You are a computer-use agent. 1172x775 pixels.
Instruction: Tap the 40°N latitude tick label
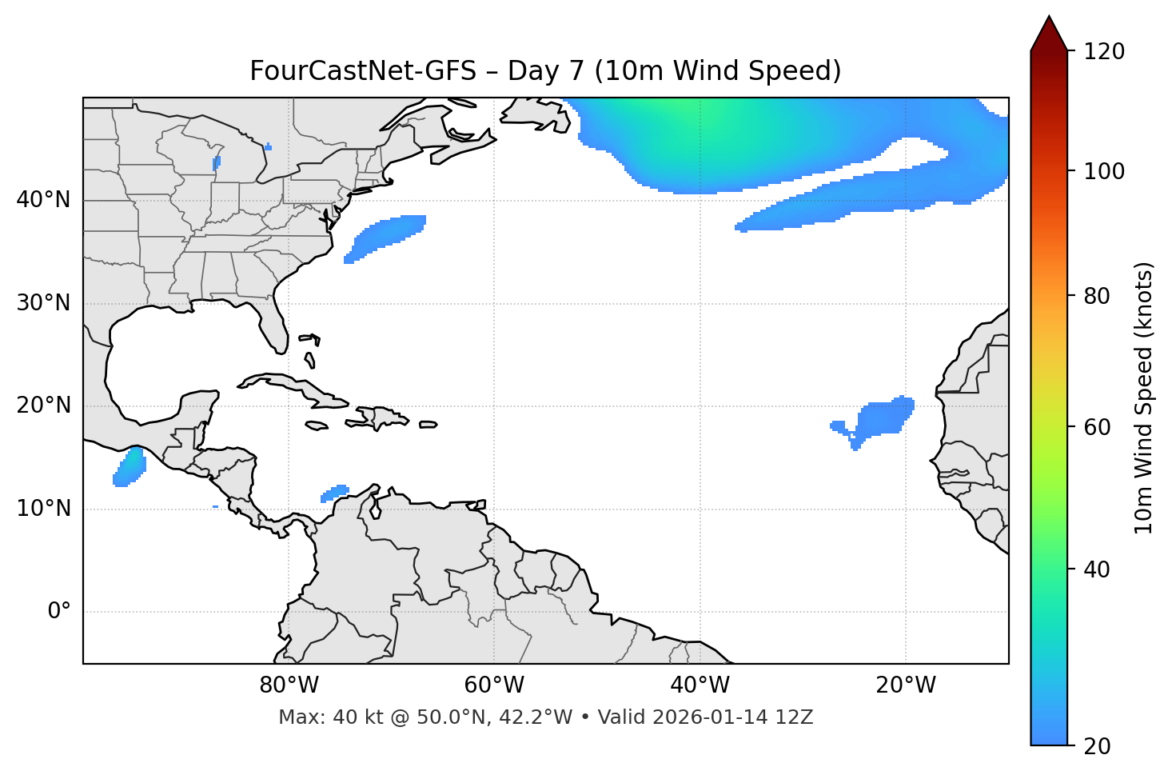pyautogui.click(x=43, y=200)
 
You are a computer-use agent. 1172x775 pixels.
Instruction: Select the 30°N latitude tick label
pyautogui.click(x=43, y=303)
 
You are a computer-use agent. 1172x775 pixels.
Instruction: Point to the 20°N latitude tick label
pyautogui.click(x=43, y=405)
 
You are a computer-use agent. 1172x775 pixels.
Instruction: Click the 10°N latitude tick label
pyautogui.click(x=43, y=509)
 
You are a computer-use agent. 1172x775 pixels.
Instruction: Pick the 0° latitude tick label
pyautogui.click(x=59, y=612)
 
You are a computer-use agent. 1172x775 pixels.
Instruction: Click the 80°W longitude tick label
pyautogui.click(x=289, y=685)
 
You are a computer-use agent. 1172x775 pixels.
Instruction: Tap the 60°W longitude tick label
pyautogui.click(x=494, y=685)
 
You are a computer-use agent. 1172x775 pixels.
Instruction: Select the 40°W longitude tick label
pyautogui.click(x=700, y=685)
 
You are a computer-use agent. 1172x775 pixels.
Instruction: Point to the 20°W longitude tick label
pyautogui.click(x=905, y=685)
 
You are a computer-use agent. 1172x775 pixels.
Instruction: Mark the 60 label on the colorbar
pyautogui.click(x=1097, y=427)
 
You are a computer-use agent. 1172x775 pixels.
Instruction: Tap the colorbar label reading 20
pyautogui.click(x=1097, y=746)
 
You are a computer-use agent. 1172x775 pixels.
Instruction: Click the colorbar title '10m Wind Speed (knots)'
pyautogui.click(x=1145, y=397)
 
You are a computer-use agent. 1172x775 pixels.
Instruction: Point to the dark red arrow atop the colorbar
pyautogui.click(x=1048, y=34)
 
